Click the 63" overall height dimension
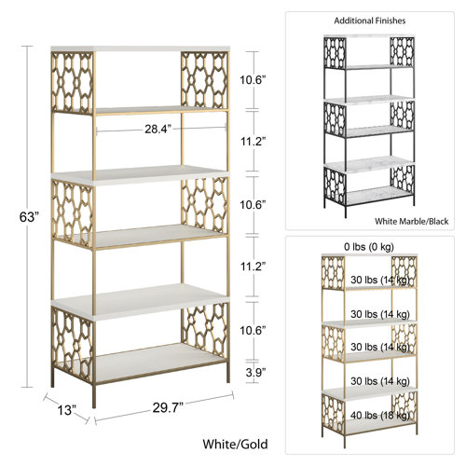click(30, 217)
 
